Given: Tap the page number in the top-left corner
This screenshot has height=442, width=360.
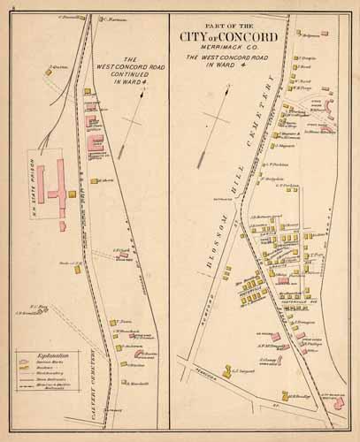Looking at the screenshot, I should point(7,8).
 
